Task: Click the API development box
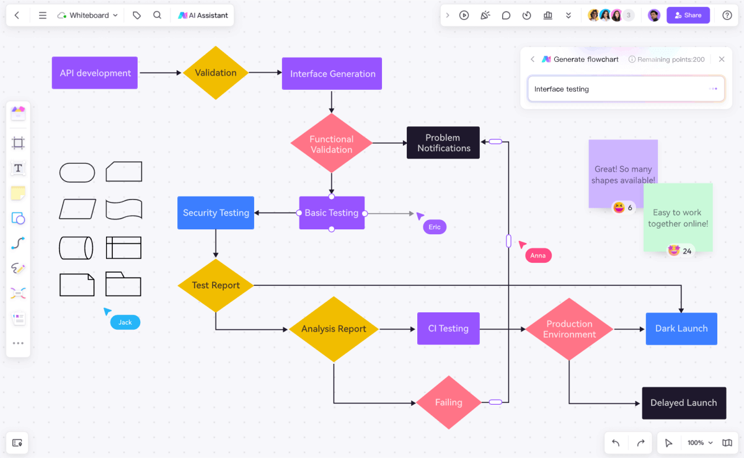tap(95, 73)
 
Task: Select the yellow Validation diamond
tap(216, 73)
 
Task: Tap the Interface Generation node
tap(332, 74)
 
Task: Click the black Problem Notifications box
tap(443, 143)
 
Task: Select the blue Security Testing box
tap(216, 213)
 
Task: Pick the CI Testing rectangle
tap(448, 328)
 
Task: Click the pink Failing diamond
tap(448, 402)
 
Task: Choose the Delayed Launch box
tap(683, 403)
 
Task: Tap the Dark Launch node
tap(681, 328)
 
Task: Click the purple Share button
tap(688, 15)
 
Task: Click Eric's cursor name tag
tap(435, 227)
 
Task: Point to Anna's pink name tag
tap(538, 255)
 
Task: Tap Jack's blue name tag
tap(125, 322)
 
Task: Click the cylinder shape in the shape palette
tap(76, 248)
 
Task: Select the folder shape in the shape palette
tap(123, 284)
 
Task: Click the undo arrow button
tap(616, 443)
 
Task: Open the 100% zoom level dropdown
tap(700, 443)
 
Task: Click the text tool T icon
tap(18, 168)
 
